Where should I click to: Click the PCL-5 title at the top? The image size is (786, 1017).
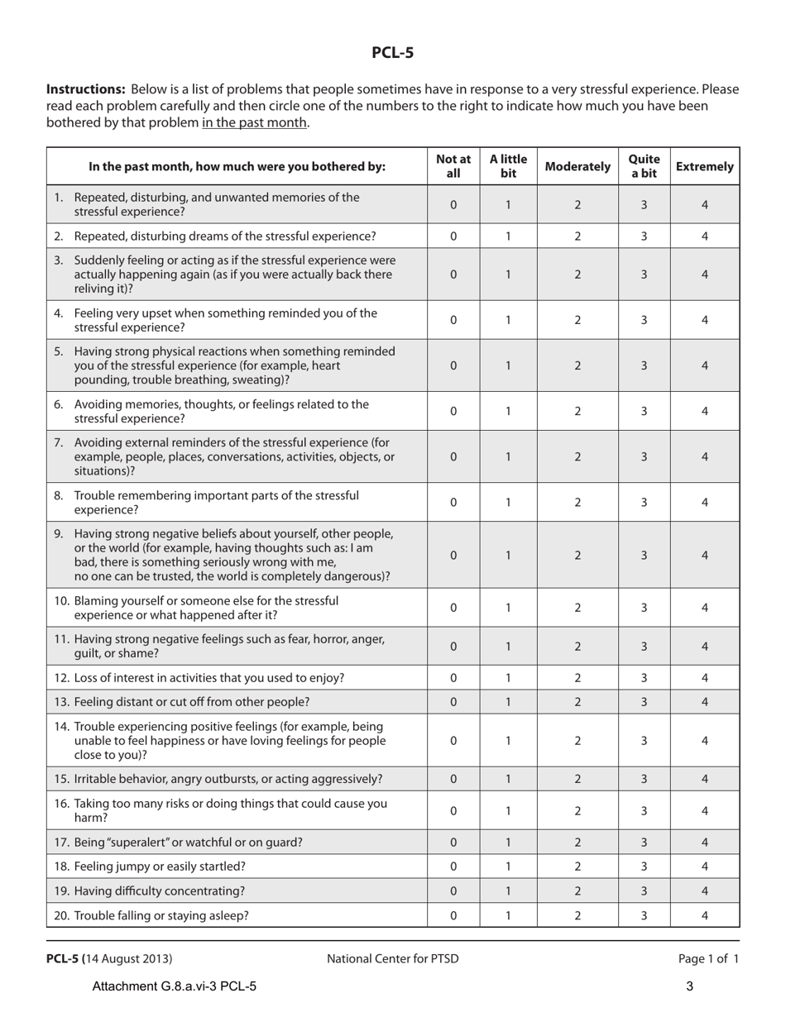coord(392,53)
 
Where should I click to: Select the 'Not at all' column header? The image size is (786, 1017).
coord(453,166)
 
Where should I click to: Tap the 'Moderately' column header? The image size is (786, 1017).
coord(578,166)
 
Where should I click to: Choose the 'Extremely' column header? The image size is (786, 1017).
coord(705,166)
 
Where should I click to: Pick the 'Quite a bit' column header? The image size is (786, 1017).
coord(645,166)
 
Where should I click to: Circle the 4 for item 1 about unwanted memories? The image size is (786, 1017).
coord(705,204)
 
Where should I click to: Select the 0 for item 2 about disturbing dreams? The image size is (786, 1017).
coord(453,236)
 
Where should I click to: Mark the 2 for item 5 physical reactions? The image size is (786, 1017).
coord(578,365)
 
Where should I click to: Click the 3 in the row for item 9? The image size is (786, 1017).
coord(645,556)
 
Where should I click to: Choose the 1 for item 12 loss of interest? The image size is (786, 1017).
coord(508,678)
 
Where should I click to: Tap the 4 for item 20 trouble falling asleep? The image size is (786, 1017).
coord(705,915)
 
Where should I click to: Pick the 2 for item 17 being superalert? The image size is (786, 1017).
coord(578,843)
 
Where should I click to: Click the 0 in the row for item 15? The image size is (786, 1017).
coord(453,779)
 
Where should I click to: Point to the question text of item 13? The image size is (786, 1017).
coord(191,702)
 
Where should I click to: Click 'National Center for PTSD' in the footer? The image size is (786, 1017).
coord(392,959)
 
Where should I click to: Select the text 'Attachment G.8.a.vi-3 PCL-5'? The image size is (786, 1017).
coord(175,986)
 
